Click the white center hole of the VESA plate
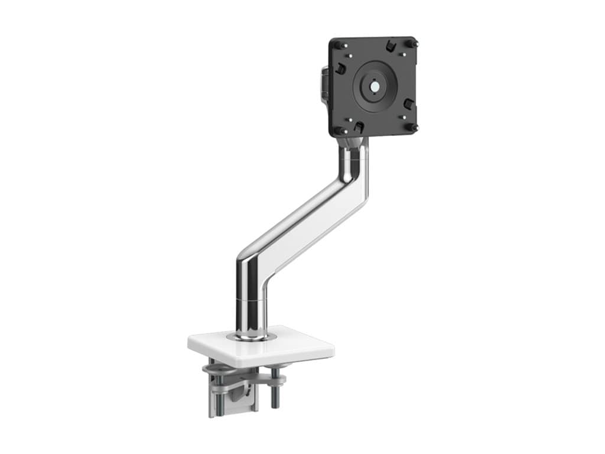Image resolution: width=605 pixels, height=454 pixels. (x=375, y=85)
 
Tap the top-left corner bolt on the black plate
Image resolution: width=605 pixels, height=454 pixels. (x=337, y=44)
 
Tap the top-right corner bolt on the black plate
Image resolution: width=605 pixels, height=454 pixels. (x=414, y=44)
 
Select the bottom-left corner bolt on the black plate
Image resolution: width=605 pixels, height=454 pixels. (x=337, y=130)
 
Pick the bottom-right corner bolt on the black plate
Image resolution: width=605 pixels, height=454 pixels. (x=414, y=127)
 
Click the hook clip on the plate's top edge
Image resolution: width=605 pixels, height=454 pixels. (x=390, y=46)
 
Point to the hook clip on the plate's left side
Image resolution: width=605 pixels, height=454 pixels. (x=340, y=69)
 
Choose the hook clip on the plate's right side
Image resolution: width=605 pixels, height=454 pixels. (x=408, y=104)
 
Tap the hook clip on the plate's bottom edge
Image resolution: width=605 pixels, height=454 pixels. (x=358, y=127)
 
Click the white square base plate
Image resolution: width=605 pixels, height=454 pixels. (x=295, y=349)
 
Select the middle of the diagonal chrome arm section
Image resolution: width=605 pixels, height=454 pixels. (x=301, y=219)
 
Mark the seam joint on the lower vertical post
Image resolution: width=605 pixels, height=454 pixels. (x=251, y=300)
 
